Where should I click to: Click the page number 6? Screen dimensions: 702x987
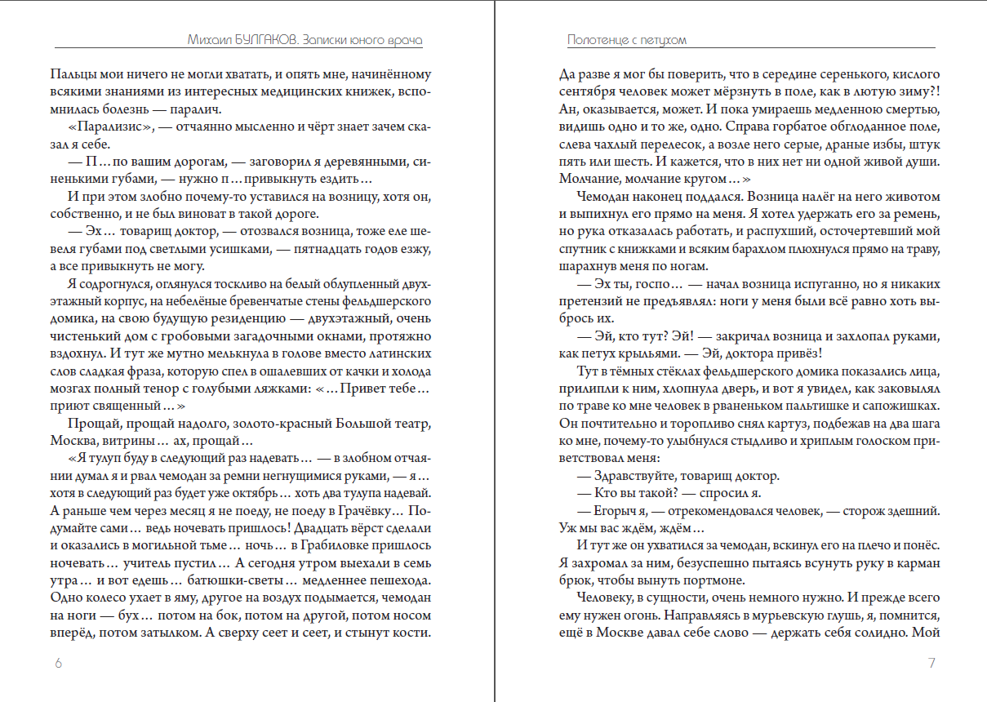[x=58, y=663]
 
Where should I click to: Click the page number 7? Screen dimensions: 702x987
[x=931, y=663]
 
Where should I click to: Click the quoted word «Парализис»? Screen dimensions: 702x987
[x=108, y=127]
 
